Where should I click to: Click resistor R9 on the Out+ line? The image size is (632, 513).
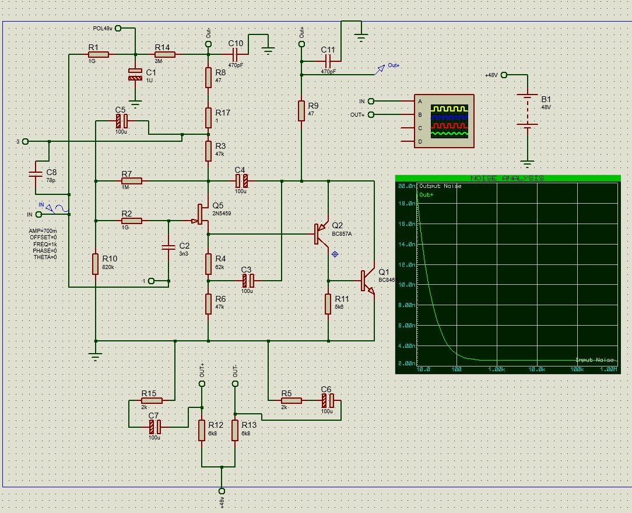tap(301, 110)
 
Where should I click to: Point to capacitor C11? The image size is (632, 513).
tap(328, 60)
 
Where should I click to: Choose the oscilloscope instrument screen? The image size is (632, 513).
tap(449, 121)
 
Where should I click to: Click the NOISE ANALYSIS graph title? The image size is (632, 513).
tap(507, 178)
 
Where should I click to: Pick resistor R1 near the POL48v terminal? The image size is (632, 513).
tap(99, 55)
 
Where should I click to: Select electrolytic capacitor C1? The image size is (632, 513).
tap(135, 74)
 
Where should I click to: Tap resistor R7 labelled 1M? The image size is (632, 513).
tap(131, 181)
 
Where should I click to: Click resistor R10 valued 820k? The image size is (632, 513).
tap(95, 264)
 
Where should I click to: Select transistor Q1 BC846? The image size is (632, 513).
tap(367, 280)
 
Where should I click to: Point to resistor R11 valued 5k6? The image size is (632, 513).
tap(328, 304)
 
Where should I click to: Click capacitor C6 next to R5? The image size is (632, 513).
tap(328, 400)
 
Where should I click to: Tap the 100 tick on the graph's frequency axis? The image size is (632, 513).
tap(457, 369)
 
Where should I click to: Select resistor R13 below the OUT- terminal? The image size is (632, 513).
tap(235, 430)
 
